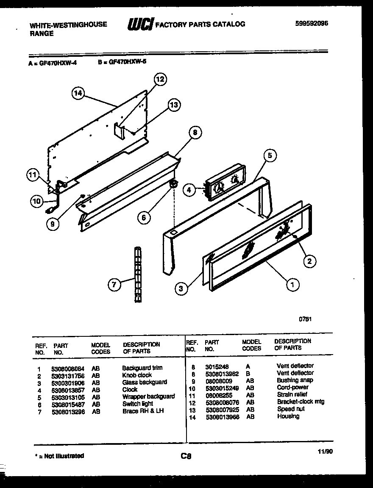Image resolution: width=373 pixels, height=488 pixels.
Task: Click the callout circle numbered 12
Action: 159,79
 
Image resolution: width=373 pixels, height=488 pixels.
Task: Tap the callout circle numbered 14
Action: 78,93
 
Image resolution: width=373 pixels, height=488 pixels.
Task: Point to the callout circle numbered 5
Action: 269,155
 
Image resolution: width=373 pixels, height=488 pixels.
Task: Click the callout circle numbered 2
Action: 309,261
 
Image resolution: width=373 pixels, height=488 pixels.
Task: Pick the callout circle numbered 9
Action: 53,224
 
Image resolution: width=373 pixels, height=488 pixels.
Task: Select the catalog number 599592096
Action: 312,24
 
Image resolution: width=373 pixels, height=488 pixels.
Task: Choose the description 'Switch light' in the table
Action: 138,404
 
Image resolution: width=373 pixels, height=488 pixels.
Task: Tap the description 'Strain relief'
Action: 292,394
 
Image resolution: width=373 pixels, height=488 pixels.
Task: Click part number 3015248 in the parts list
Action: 217,366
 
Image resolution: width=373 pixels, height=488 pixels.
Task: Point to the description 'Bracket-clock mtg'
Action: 301,402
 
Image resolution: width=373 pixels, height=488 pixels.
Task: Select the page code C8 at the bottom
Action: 186,456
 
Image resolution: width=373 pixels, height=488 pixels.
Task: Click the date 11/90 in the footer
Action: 325,452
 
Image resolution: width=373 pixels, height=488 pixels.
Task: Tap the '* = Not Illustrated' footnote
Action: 59,456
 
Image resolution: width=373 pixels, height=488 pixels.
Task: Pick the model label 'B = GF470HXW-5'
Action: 122,61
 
